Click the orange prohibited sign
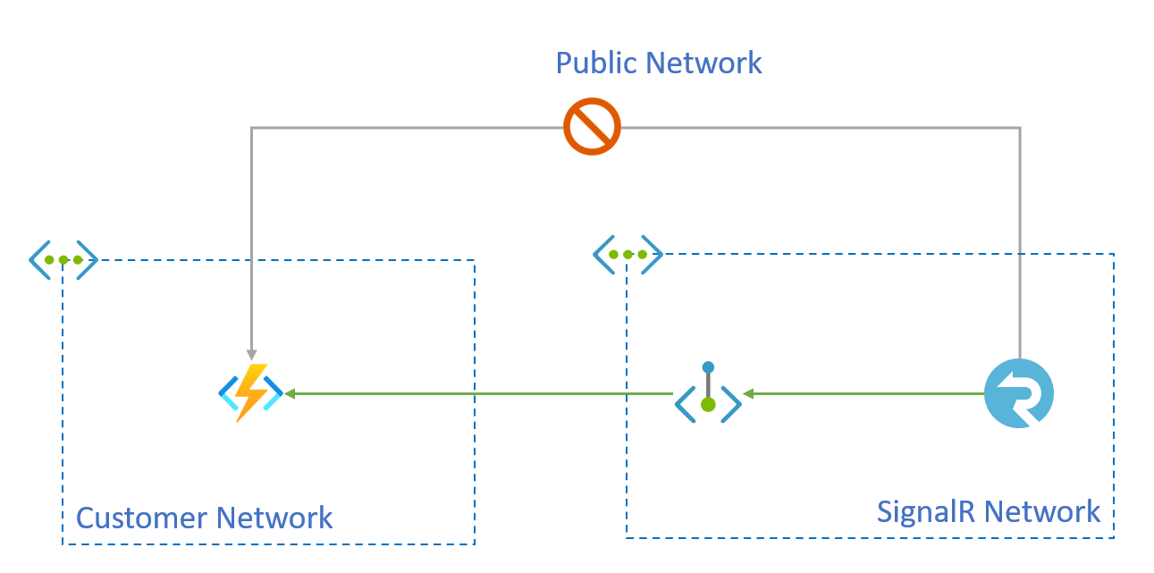(592, 127)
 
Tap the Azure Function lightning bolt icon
(251, 392)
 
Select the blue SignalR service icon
(1019, 393)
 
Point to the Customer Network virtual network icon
(63, 259)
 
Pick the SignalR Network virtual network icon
(628, 254)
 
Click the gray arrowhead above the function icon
(251, 355)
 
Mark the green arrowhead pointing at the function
(290, 393)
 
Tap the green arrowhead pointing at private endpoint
(748, 393)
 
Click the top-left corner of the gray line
(251, 128)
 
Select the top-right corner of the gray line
(1019, 128)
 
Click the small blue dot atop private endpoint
(708, 367)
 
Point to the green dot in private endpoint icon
(708, 405)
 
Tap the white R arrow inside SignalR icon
(1019, 393)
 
